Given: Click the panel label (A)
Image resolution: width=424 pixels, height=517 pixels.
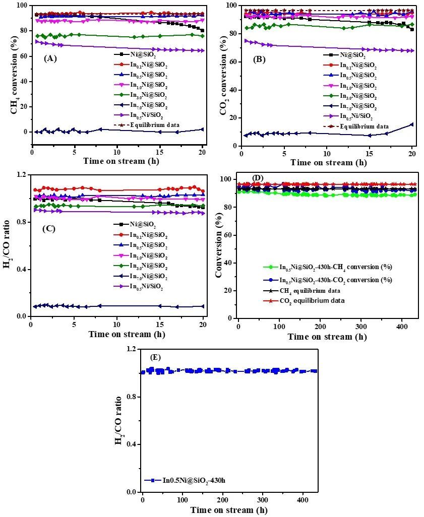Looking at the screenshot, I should tap(50, 58).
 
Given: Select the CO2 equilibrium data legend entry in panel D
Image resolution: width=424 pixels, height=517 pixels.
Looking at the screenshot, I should tap(318, 300).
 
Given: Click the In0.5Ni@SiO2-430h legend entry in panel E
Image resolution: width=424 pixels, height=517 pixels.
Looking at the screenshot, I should tap(193, 480).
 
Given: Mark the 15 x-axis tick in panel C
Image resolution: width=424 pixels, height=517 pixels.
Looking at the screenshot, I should tap(160, 325).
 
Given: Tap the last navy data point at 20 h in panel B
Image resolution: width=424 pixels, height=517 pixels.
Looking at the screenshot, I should tap(412, 124).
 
